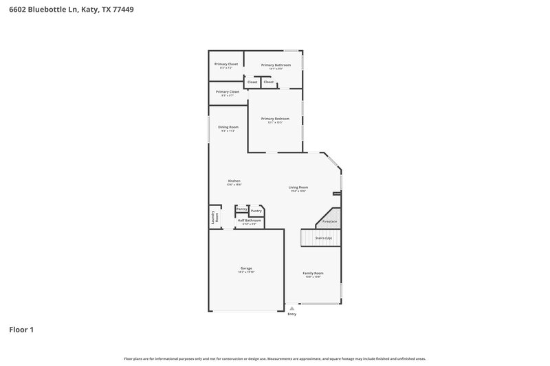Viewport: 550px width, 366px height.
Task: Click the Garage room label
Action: [246, 268]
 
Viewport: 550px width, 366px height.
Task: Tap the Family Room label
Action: [313, 273]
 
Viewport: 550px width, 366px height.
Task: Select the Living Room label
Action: [298, 187]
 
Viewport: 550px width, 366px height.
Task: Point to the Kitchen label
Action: [234, 181]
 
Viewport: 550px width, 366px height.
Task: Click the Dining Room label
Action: [228, 127]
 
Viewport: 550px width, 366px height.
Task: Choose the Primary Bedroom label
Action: [275, 119]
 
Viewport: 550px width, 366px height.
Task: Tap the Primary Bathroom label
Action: [276, 65]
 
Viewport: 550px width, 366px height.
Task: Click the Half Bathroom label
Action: [249, 220]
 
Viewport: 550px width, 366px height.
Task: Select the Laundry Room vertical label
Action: [214, 216]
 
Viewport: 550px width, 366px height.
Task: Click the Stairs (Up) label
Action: [324, 237]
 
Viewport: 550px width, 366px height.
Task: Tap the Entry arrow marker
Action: [292, 309]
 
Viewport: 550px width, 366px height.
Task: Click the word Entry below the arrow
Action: [292, 314]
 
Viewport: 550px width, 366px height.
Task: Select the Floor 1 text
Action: [21, 330]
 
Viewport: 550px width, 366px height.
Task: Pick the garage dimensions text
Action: [246, 272]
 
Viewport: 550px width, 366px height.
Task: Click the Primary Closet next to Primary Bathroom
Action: [226, 64]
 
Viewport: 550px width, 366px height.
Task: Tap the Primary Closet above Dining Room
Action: [228, 91]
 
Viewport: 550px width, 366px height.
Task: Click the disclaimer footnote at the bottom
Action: [274, 358]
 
